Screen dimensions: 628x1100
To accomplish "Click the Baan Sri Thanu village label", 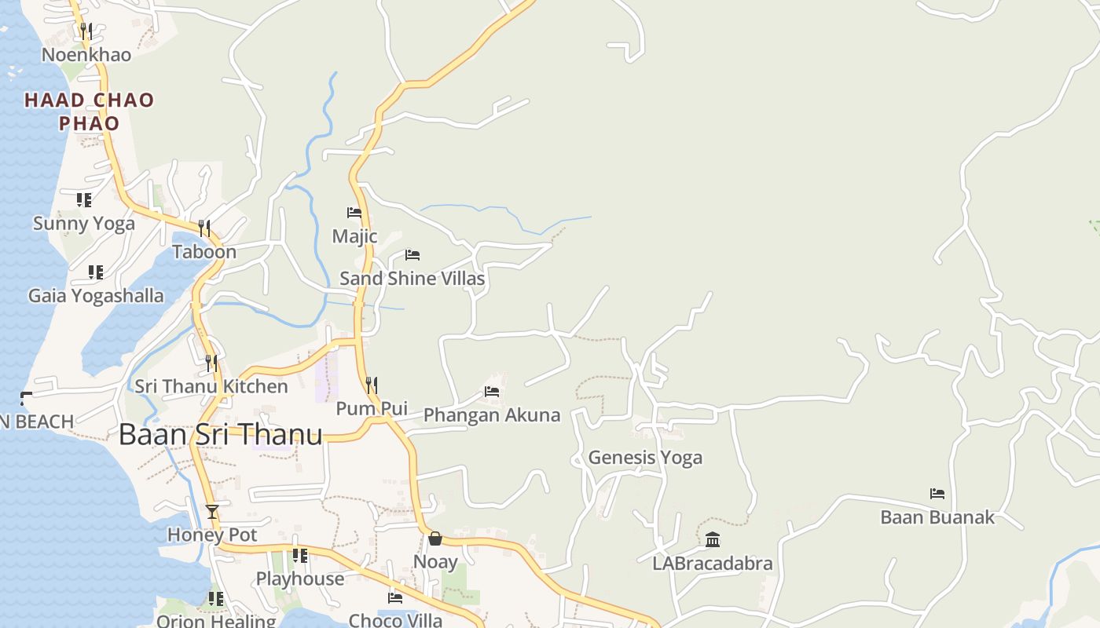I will pyautogui.click(x=221, y=435).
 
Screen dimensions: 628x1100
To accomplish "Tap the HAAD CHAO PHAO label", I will pyautogui.click(x=89, y=111).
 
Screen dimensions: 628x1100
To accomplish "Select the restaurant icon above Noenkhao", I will pyautogui.click(x=86, y=31).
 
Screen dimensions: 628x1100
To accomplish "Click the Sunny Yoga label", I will pyautogui.click(x=84, y=224).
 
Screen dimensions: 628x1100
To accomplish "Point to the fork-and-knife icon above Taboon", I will pyautogui.click(x=204, y=228).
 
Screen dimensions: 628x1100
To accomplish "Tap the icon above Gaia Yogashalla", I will pyautogui.click(x=96, y=272).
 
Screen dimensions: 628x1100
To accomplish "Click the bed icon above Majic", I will pyautogui.click(x=354, y=212).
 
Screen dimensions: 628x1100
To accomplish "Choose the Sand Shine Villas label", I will pyautogui.click(x=412, y=279).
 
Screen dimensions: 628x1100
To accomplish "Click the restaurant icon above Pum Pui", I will pyautogui.click(x=372, y=385).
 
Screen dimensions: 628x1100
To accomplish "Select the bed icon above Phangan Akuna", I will pyautogui.click(x=492, y=391).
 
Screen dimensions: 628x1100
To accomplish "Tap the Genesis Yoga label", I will pyautogui.click(x=645, y=458).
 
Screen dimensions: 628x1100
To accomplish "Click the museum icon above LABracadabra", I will pyautogui.click(x=713, y=539).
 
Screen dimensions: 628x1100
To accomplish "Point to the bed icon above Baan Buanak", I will pyautogui.click(x=937, y=494).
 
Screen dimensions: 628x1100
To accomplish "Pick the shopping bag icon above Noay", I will pyautogui.click(x=435, y=539).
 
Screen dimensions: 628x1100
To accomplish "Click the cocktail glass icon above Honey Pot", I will pyautogui.click(x=212, y=512).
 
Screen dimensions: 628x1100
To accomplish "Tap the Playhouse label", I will pyautogui.click(x=300, y=579).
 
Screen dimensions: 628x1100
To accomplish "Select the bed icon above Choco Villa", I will pyautogui.click(x=395, y=598).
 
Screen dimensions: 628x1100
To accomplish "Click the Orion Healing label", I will pyautogui.click(x=216, y=621).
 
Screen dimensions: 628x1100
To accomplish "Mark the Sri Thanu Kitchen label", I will pyautogui.click(x=211, y=386).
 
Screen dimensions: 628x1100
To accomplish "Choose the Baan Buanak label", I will pyautogui.click(x=937, y=517).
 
